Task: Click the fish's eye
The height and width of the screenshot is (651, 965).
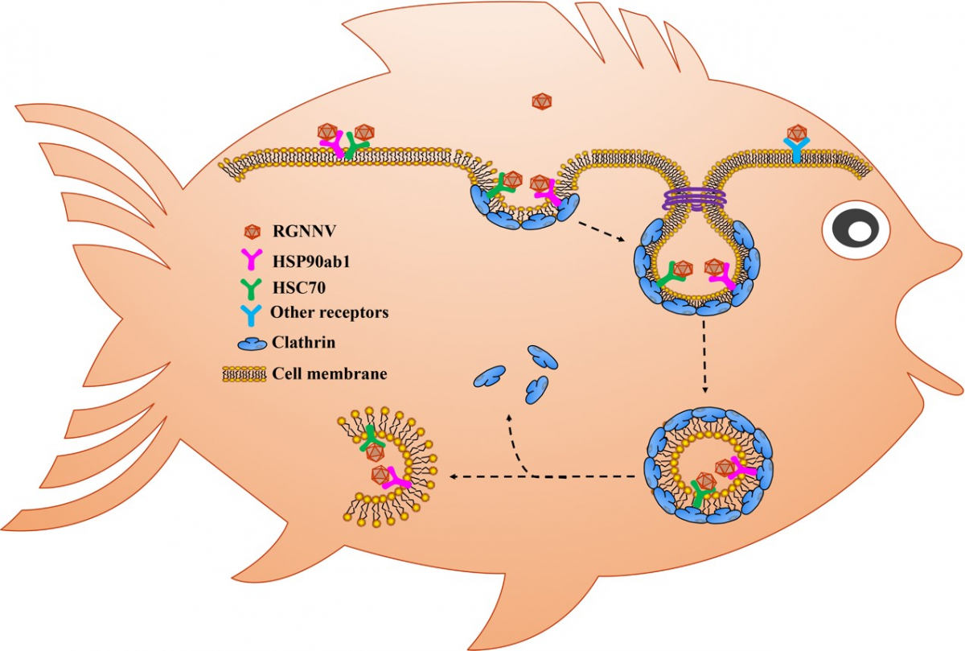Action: click(857, 229)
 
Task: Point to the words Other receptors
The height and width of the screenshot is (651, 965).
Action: click(330, 313)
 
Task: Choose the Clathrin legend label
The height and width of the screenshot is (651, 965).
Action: click(303, 343)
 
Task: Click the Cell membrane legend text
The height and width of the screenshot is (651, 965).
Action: click(330, 373)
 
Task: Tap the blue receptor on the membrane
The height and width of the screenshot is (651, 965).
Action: click(797, 153)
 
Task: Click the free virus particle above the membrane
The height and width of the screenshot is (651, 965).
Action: click(542, 102)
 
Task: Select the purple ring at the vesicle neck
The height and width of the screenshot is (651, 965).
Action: click(693, 198)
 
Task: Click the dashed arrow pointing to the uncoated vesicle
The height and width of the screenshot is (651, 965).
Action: click(482, 477)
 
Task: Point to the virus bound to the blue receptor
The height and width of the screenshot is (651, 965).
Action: click(797, 133)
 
